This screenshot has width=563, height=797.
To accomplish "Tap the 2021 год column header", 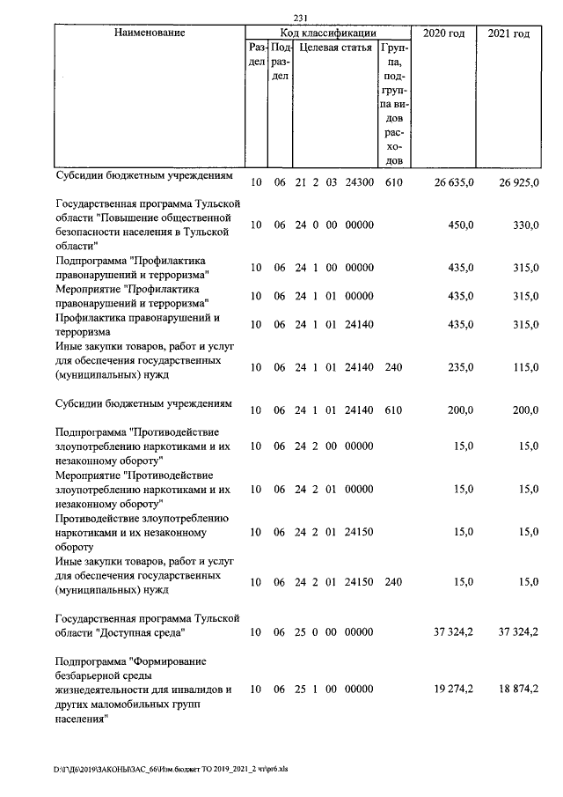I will click(x=508, y=33).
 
